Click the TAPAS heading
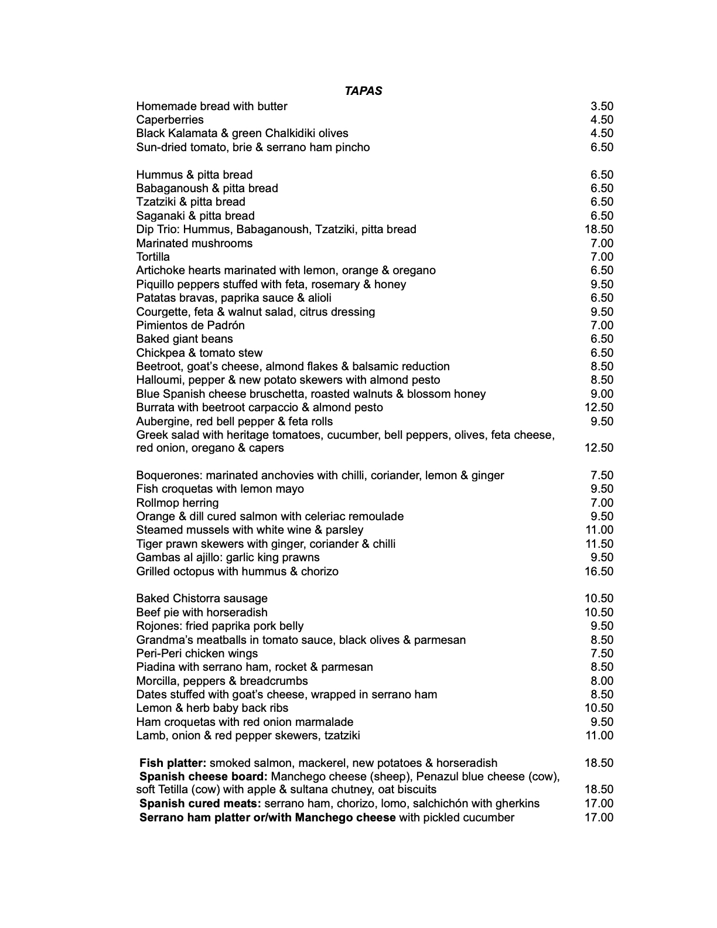pyautogui.click(x=363, y=91)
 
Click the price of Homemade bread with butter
pyautogui.click(x=602, y=106)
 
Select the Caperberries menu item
pyautogui.click(x=170, y=120)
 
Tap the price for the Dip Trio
pyautogui.click(x=599, y=229)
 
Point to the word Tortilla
pyautogui.click(x=153, y=257)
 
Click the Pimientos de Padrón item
pyautogui.click(x=190, y=325)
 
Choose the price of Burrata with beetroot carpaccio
pyautogui.click(x=599, y=407)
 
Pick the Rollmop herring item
pyautogui.click(x=177, y=503)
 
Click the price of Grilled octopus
pyautogui.click(x=599, y=571)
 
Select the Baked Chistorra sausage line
pyautogui.click(x=202, y=598)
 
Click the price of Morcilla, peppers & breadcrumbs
pyautogui.click(x=602, y=681)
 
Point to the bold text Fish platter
pyautogui.click(x=172, y=763)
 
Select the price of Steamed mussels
pyautogui.click(x=599, y=530)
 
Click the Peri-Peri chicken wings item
pyautogui.click(x=197, y=653)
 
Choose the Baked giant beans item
pyautogui.click(x=185, y=339)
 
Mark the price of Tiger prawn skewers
pyautogui.click(x=599, y=544)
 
